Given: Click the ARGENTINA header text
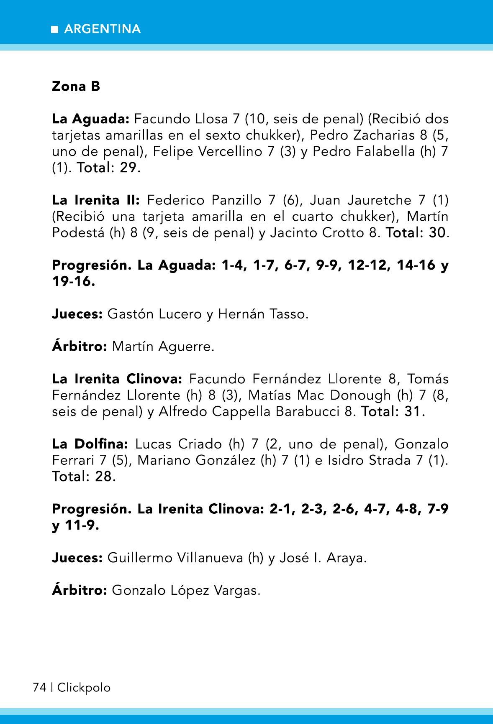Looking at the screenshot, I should [x=103, y=29].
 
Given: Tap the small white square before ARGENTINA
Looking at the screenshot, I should [x=55, y=29].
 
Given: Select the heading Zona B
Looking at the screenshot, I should [x=76, y=87].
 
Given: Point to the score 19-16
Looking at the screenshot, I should [x=73, y=281].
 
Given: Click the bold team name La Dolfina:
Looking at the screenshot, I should [x=90, y=444].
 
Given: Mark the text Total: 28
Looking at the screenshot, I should [x=84, y=476].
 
